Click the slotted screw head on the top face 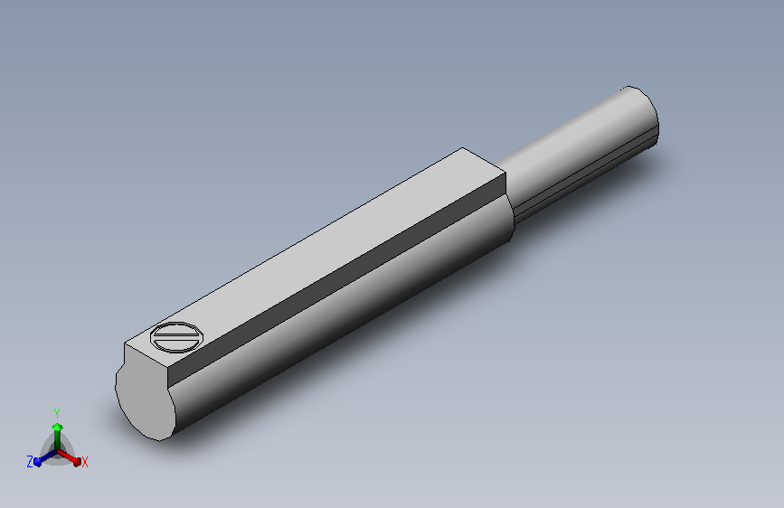click(x=177, y=337)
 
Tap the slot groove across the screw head click(x=177, y=337)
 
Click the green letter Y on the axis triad click(x=57, y=414)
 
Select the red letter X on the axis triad click(x=84, y=463)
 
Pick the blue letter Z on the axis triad click(x=30, y=462)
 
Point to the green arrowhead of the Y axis click(x=57, y=427)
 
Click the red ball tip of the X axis click(x=77, y=462)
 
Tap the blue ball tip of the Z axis click(x=37, y=463)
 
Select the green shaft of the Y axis click(x=57, y=440)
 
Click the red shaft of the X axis click(x=67, y=456)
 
